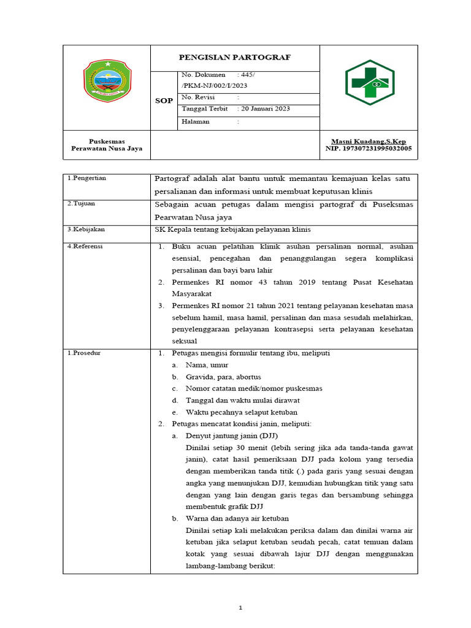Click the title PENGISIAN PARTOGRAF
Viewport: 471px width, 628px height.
234,58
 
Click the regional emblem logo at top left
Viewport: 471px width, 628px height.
107,82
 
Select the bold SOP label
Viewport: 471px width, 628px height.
164,101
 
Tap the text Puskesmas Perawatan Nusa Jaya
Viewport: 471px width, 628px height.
107,145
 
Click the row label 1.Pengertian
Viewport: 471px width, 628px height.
87,178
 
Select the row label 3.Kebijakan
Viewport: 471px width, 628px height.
86,229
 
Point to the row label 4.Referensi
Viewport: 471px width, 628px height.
85,246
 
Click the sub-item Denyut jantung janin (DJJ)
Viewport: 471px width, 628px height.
224,435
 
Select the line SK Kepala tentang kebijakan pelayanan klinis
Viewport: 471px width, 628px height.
233,229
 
